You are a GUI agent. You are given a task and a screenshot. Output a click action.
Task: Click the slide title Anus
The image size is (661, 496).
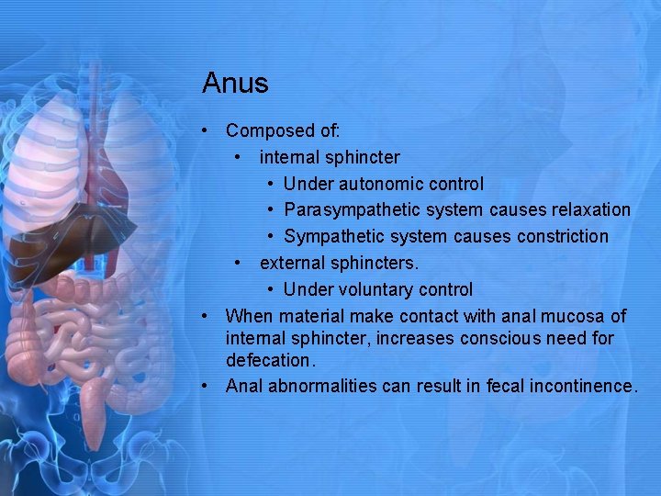point(235,84)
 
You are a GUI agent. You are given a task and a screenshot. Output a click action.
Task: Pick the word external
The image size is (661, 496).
point(293,264)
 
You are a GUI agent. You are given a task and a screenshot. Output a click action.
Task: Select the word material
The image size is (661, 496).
point(318,316)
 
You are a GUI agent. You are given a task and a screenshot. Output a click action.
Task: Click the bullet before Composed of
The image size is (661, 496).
point(209,131)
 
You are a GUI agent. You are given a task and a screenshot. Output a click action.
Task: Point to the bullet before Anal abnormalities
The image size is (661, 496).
point(209,386)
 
